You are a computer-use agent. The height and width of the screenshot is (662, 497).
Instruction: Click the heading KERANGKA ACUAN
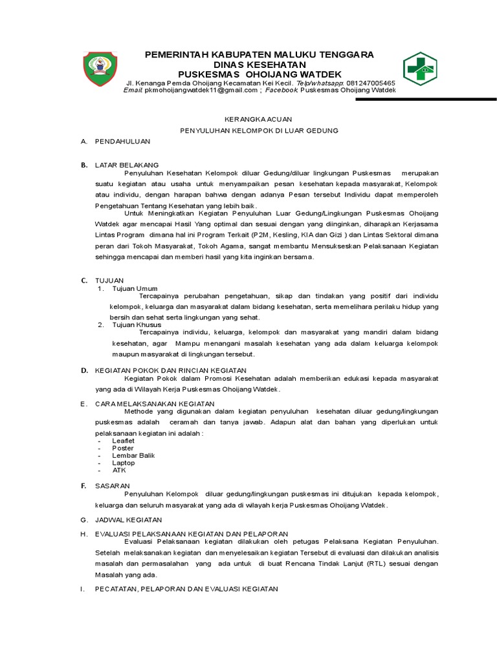click(x=258, y=119)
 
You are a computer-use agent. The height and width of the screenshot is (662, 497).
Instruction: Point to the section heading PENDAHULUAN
click(x=122, y=141)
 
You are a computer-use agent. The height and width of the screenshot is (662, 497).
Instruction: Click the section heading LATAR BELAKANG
click(x=127, y=165)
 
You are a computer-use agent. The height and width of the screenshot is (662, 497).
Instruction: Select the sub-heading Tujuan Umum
click(x=135, y=288)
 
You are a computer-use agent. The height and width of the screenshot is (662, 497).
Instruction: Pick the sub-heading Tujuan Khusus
click(x=137, y=325)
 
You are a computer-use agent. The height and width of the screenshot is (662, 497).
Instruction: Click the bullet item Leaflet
click(x=124, y=440)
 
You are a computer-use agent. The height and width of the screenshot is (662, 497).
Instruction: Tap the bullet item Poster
click(x=123, y=448)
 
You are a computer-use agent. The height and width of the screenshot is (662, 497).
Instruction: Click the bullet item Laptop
click(x=124, y=463)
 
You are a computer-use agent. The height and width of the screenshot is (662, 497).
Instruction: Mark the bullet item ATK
click(x=119, y=470)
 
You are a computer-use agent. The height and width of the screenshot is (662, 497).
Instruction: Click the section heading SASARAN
click(x=113, y=485)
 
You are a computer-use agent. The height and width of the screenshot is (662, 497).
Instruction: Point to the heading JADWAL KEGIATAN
click(x=129, y=519)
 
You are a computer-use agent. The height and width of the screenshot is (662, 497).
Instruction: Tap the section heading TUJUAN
click(x=109, y=281)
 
